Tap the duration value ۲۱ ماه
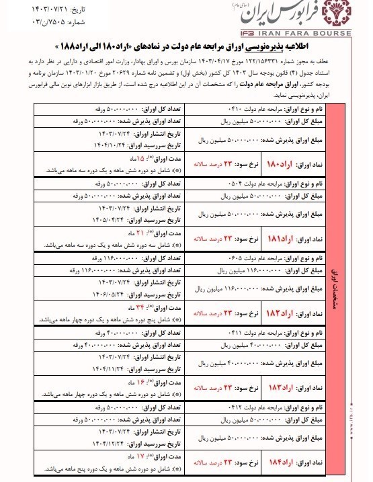(138, 233)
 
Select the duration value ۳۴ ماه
(138, 309)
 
